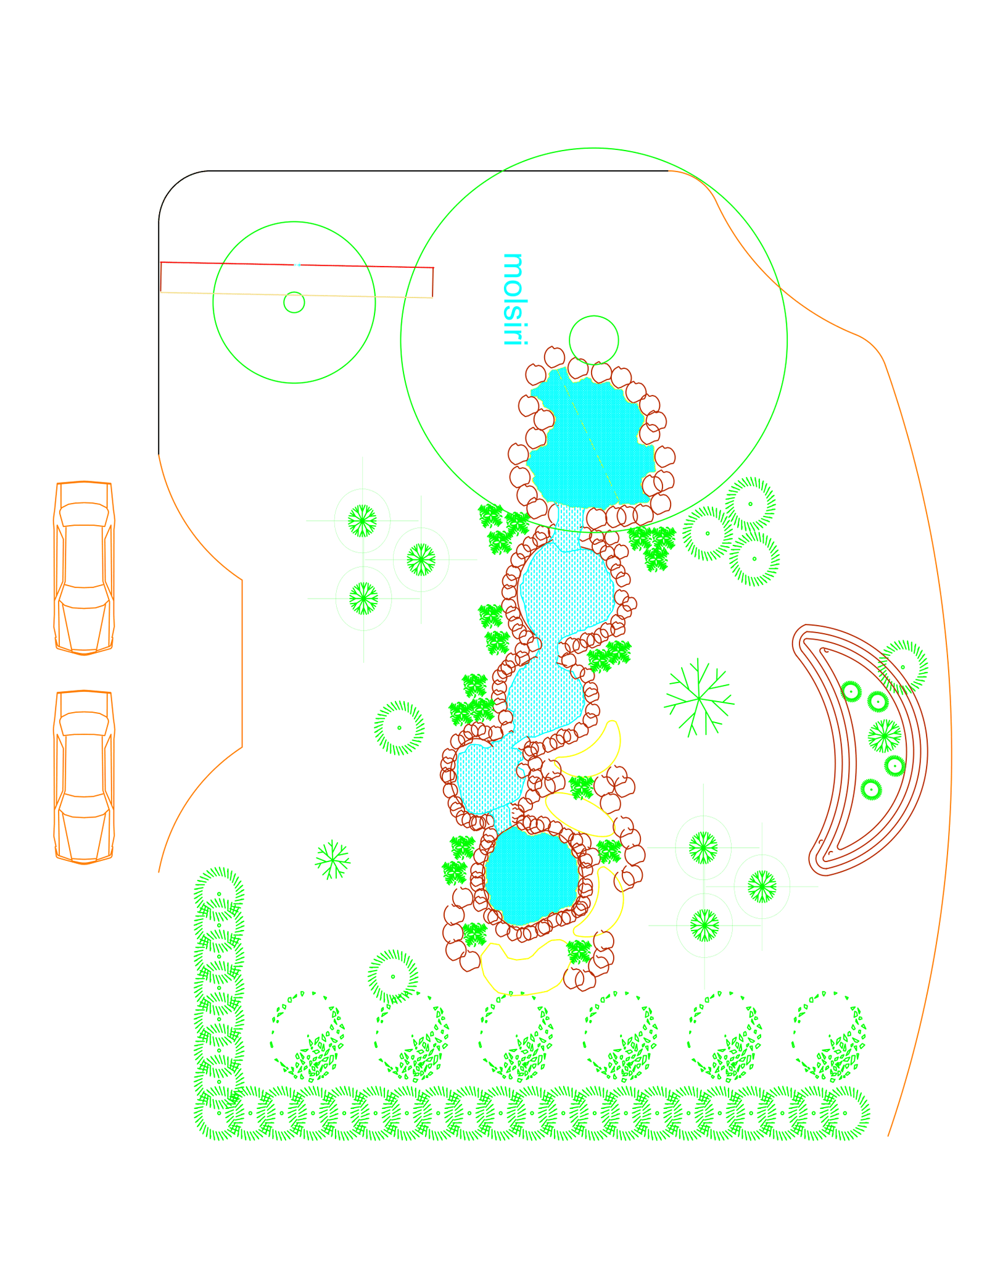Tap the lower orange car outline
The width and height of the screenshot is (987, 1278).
[x=85, y=776]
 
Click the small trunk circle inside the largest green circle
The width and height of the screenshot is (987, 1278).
[x=593, y=340]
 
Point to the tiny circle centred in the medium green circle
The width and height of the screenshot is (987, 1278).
[x=294, y=302]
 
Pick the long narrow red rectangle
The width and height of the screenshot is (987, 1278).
[x=297, y=280]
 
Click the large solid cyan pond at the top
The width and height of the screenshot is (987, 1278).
[x=589, y=441]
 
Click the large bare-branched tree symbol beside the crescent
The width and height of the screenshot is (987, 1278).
[x=699, y=698]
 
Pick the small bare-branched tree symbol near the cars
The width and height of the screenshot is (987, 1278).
[x=332, y=858]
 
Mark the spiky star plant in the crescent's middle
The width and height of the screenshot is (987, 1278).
[x=885, y=736]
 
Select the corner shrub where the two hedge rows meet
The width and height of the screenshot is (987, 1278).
[x=219, y=1113]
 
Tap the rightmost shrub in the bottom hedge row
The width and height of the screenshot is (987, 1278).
[x=845, y=1113]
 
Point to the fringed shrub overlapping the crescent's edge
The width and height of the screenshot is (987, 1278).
[x=902, y=667]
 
